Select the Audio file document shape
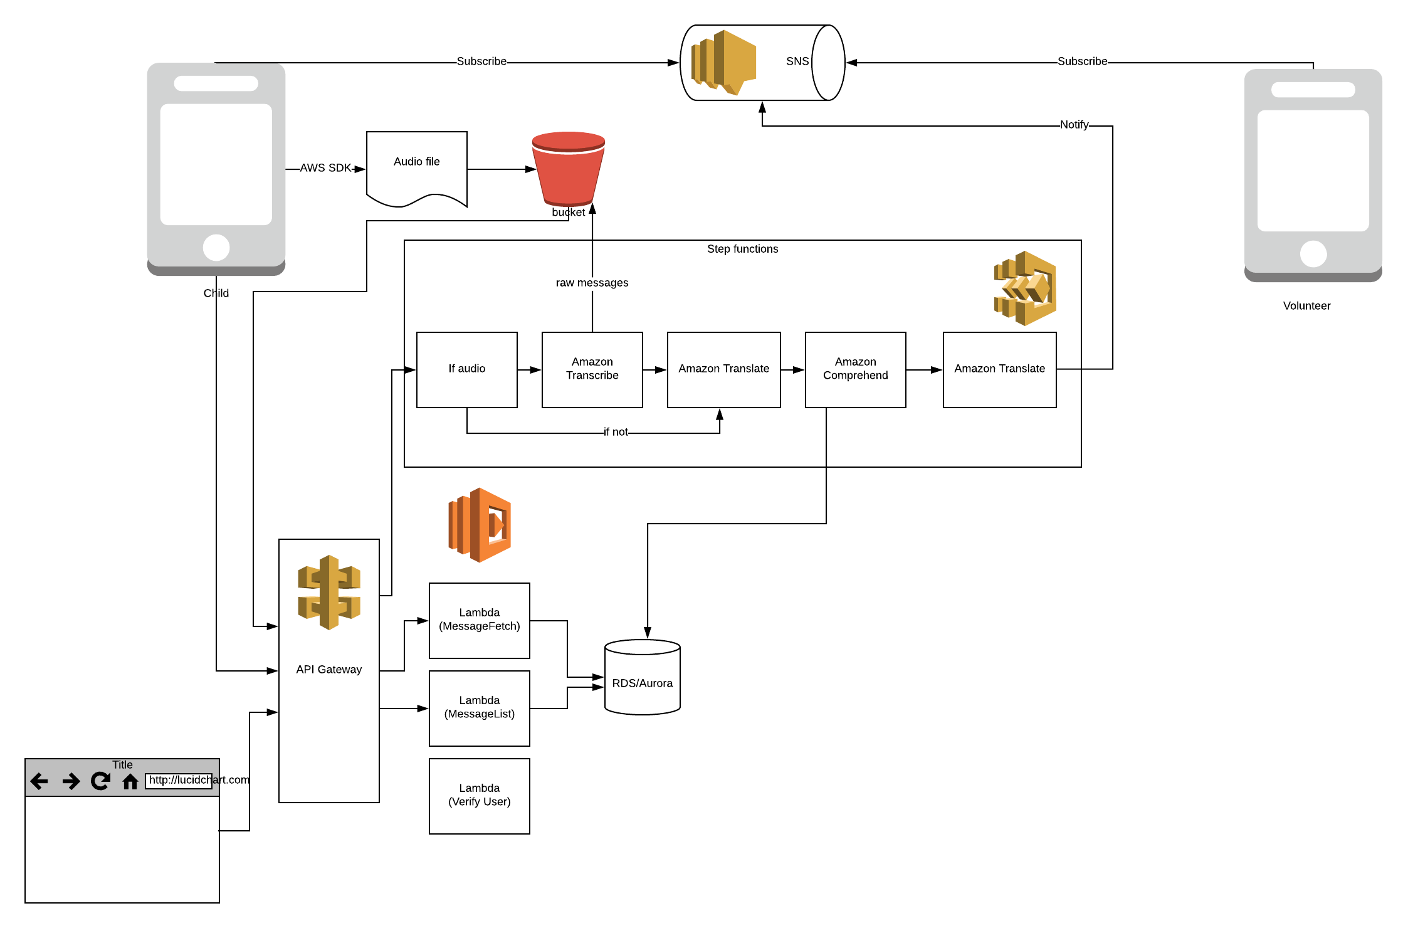click(x=417, y=167)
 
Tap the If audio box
click(x=466, y=369)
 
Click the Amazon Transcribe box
click(x=592, y=369)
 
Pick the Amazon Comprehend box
click(x=855, y=369)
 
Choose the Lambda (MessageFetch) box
click(x=479, y=620)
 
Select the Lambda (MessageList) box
click(x=479, y=708)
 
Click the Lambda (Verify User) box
click(x=479, y=796)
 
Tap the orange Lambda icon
click(x=480, y=525)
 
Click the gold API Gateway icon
click(x=329, y=593)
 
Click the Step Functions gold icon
click(x=1026, y=288)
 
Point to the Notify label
click(x=1074, y=125)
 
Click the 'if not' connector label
click(x=615, y=432)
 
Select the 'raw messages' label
click(x=592, y=283)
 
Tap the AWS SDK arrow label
click(x=325, y=168)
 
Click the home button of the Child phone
click(x=216, y=248)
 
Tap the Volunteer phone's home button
click(x=1313, y=254)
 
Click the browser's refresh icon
click(x=100, y=781)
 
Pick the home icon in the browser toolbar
click(x=130, y=781)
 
